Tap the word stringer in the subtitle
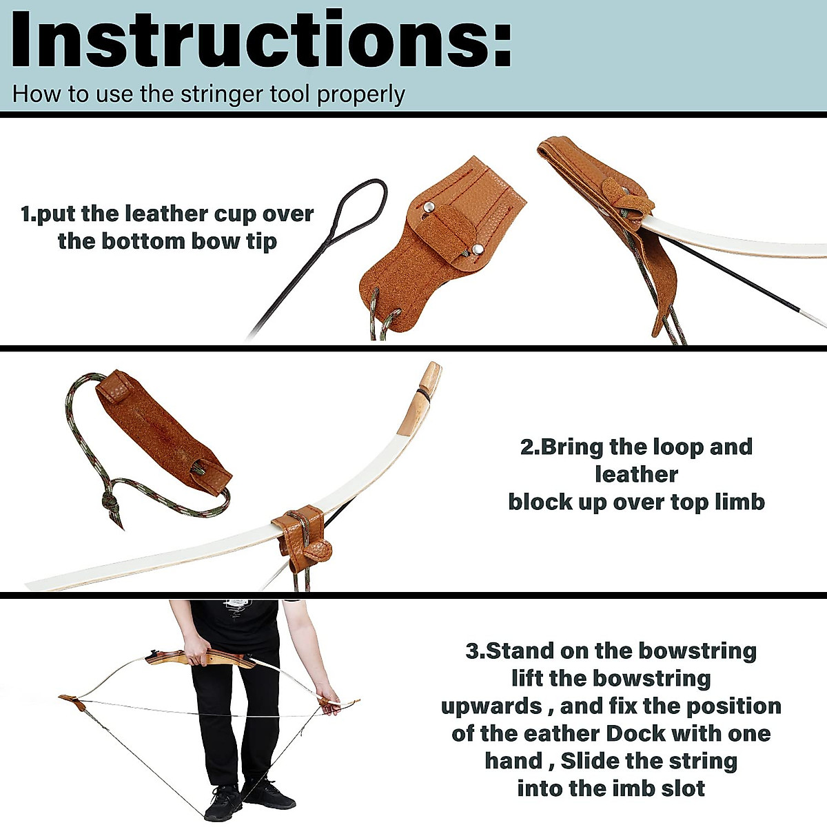point(225,94)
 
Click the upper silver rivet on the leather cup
point(429,206)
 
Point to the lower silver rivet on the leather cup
point(477,249)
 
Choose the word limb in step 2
point(739,502)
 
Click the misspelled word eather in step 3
point(522,733)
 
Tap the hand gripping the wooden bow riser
point(198,657)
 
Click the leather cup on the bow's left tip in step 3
point(72,703)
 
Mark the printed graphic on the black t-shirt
point(238,606)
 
